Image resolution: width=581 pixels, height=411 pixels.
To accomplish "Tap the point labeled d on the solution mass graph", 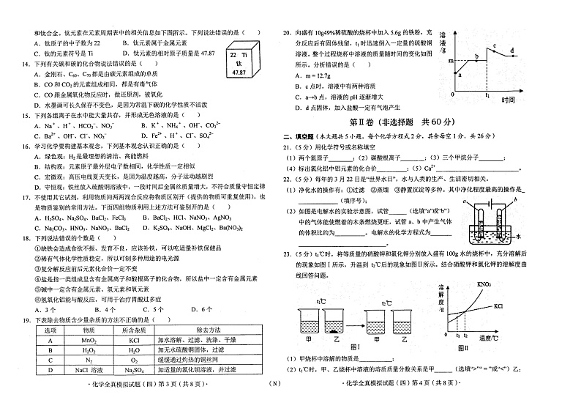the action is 511,51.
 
